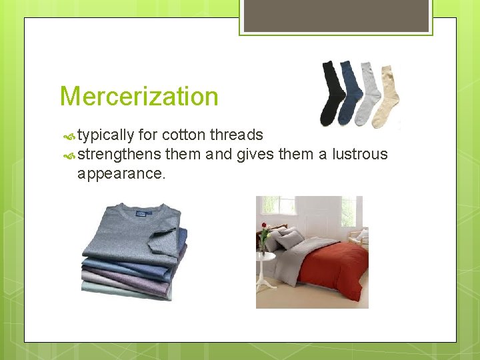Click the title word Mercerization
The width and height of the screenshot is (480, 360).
pyautogui.click(x=139, y=97)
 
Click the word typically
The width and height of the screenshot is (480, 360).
pyautogui.click(x=105, y=135)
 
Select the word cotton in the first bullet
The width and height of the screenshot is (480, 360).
pyautogui.click(x=183, y=135)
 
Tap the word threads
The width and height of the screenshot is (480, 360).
pyautogui.click(x=237, y=135)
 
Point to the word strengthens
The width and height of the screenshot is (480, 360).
pyautogui.click(x=119, y=155)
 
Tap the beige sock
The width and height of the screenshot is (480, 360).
pyautogui.click(x=387, y=97)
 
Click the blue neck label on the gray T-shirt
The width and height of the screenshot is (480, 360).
pyautogui.click(x=145, y=213)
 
